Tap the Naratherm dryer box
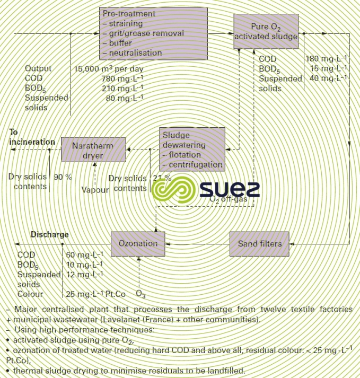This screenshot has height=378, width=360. point(94,149)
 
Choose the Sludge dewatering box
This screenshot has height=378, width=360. point(192,149)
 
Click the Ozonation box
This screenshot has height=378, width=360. point(137,244)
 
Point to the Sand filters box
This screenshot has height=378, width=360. point(260,244)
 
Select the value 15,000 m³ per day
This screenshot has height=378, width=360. point(109,69)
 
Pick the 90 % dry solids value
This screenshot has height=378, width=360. point(63,177)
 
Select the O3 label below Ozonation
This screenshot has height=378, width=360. point(141,294)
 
